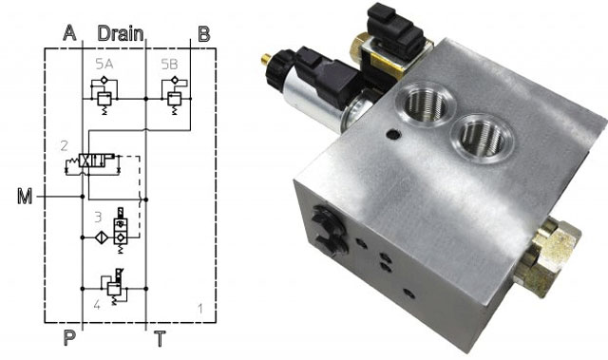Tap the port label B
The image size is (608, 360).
click(x=203, y=34)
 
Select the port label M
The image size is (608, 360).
click(x=25, y=198)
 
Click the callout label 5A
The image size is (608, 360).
click(x=104, y=64)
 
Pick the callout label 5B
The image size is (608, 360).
click(x=169, y=64)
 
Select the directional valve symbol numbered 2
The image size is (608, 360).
click(x=95, y=163)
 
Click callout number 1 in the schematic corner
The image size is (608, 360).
click(x=199, y=308)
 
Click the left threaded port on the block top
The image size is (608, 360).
click(x=418, y=104)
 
